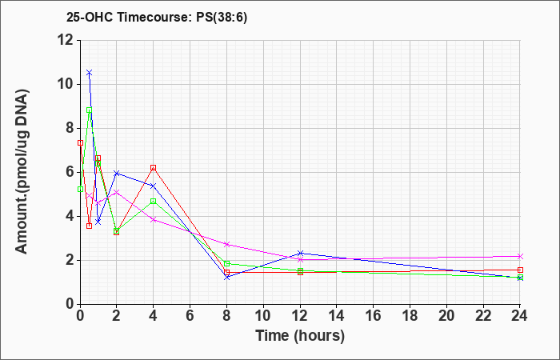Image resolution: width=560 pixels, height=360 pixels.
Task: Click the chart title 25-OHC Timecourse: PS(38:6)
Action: pyautogui.click(x=157, y=17)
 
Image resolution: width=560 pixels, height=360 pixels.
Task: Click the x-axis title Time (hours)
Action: pyautogui.click(x=300, y=336)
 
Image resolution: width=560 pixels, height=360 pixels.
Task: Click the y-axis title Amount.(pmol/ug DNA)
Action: pyautogui.click(x=22, y=172)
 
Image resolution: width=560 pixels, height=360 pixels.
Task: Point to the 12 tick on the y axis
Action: pyautogui.click(x=66, y=40)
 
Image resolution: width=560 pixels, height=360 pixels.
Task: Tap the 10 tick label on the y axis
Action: pyautogui.click(x=66, y=85)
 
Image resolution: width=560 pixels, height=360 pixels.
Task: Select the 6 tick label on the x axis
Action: pyautogui.click(x=190, y=316)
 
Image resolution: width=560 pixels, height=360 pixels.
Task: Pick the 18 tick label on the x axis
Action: pyautogui.click(x=410, y=316)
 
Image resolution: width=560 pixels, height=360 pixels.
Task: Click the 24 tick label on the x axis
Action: pyautogui.click(x=520, y=316)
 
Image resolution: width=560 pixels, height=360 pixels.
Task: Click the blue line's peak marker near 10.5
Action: pyautogui.click(x=90, y=73)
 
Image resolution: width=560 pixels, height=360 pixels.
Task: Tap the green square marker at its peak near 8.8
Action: pyautogui.click(x=90, y=110)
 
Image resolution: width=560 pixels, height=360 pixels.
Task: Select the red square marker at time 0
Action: pyautogui.click(x=80, y=143)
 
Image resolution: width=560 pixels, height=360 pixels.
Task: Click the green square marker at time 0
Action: pyautogui.click(x=80, y=189)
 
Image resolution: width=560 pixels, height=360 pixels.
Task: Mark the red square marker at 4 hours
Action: pyautogui.click(x=154, y=167)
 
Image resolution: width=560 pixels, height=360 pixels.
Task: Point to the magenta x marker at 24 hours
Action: pyautogui.click(x=520, y=257)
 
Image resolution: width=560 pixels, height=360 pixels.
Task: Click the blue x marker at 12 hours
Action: pyautogui.click(x=300, y=254)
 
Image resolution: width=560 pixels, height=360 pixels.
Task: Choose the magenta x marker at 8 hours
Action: pyautogui.click(x=226, y=244)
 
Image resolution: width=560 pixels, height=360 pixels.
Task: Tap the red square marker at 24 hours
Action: pyautogui.click(x=520, y=270)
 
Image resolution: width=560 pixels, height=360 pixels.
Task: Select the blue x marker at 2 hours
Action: pyautogui.click(x=117, y=174)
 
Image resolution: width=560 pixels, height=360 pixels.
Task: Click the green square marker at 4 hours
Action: pyautogui.click(x=154, y=201)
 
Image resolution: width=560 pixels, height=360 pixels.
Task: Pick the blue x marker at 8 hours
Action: pyautogui.click(x=226, y=277)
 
